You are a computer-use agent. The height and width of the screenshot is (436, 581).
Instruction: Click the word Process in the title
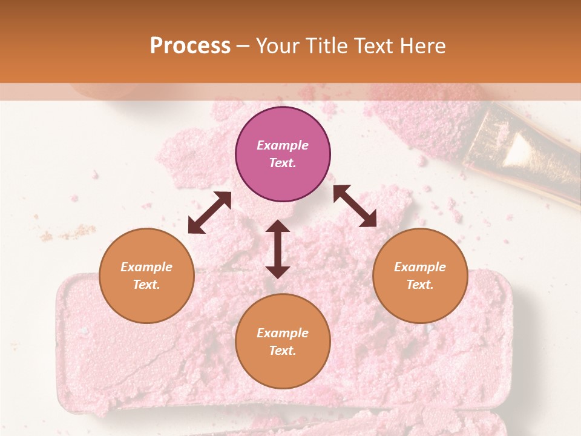[x=190, y=46]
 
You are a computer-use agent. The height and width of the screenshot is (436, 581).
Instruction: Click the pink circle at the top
[x=283, y=154]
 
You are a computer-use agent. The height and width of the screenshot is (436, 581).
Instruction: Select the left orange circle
[x=146, y=276]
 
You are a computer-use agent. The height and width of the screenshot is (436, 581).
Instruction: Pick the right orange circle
[x=420, y=276]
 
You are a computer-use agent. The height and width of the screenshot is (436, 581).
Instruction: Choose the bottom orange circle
[x=283, y=342]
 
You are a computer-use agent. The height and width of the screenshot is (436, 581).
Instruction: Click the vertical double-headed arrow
[x=278, y=249]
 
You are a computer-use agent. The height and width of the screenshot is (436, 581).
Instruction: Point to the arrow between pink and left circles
[x=209, y=213]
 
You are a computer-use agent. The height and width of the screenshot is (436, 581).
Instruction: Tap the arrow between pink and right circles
[x=355, y=206]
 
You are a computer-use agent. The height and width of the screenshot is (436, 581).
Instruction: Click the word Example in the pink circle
[x=283, y=145]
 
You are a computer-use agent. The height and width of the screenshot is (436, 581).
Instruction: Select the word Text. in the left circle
[x=146, y=285]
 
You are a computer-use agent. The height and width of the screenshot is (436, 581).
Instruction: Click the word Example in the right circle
[x=420, y=267]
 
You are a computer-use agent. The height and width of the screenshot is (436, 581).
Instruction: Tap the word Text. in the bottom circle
[x=283, y=351]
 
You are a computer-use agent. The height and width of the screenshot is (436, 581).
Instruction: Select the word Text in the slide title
[x=372, y=46]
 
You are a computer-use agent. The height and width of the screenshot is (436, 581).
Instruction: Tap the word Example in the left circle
[x=146, y=267]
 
